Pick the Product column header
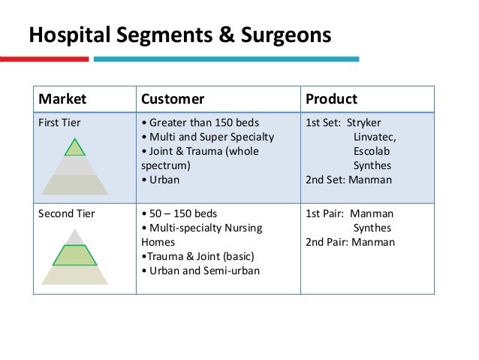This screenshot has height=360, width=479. click(x=331, y=98)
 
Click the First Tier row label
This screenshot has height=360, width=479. click(x=59, y=123)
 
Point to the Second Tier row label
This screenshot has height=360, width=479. click(x=65, y=213)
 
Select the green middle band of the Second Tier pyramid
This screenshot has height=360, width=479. click(x=74, y=256)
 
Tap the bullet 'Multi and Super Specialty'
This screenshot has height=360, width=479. click(x=207, y=137)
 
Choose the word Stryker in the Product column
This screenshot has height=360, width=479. click(x=366, y=123)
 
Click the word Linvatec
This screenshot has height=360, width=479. click(x=375, y=137)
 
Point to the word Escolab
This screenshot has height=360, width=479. click(x=371, y=151)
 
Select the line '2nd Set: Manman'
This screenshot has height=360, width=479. click(x=348, y=180)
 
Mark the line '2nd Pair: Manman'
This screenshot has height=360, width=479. click(x=350, y=242)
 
